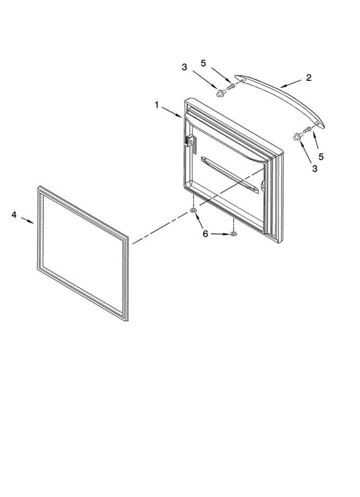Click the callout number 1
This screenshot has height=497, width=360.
[157, 105]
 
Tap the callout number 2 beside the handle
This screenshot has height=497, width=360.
[309, 77]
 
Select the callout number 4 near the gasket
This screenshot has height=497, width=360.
[14, 215]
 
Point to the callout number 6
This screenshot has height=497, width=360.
[205, 234]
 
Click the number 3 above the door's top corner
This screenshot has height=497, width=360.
[184, 66]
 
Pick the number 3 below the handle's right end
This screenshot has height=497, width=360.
[314, 169]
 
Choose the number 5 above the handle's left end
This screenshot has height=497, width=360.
[203, 63]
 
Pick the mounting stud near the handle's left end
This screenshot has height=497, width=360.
[219, 94]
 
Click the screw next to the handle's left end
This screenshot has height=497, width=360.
[231, 87]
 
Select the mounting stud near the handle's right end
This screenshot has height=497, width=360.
[296, 137]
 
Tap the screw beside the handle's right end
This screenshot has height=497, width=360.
[307, 130]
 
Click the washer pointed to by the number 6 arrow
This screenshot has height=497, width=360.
[233, 235]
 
